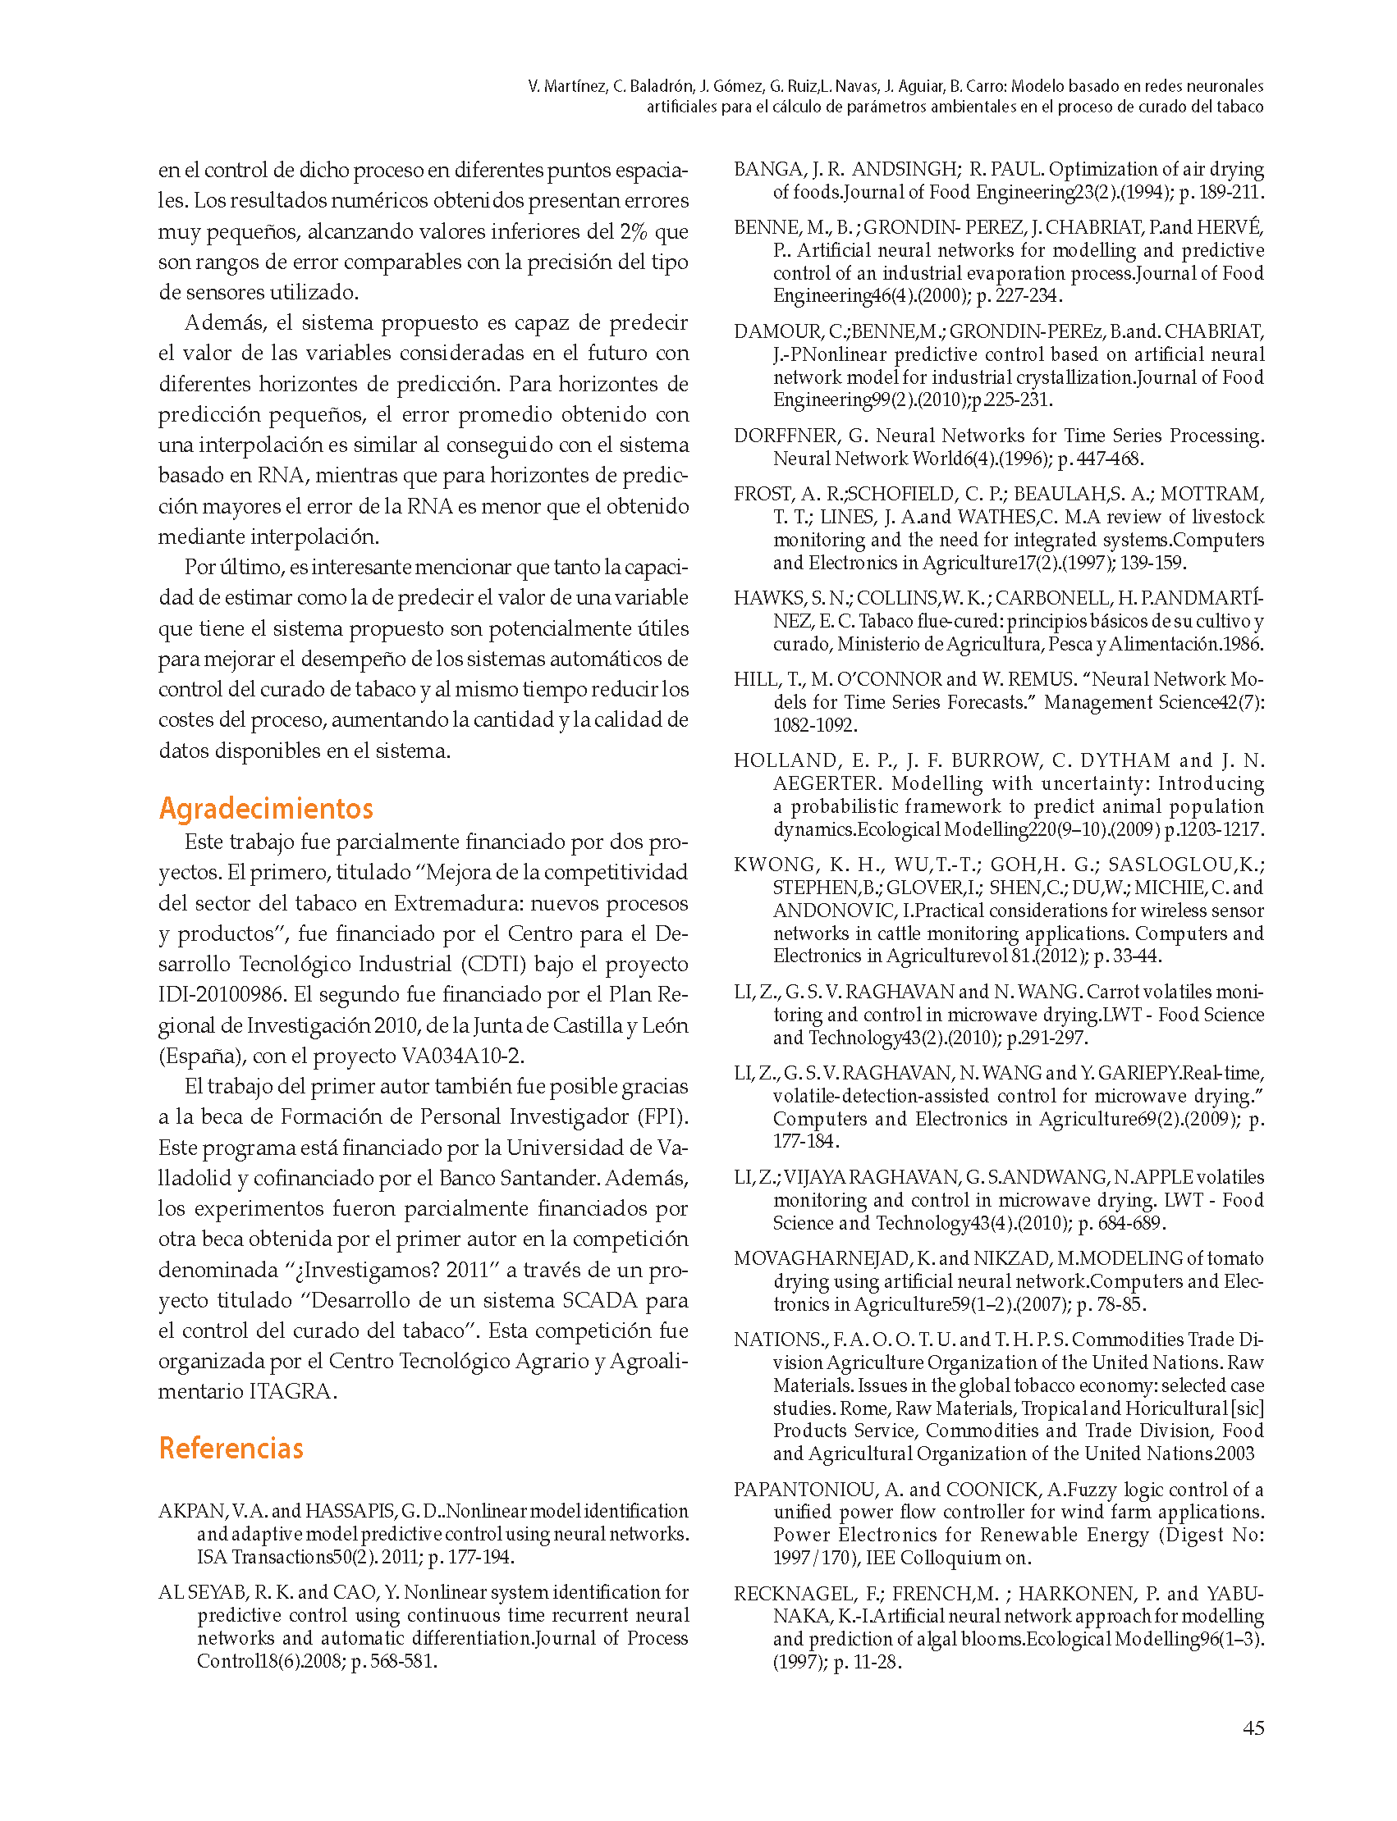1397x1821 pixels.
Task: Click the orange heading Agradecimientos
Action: tap(265, 808)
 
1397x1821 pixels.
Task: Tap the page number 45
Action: tap(1253, 1727)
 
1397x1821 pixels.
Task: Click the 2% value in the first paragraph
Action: tap(634, 231)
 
